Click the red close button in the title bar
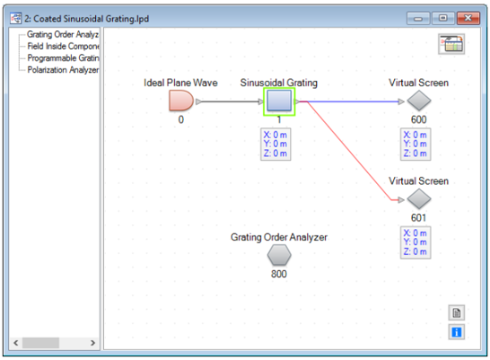tap(468, 18)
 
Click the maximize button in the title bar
tap(442, 18)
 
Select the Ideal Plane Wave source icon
tap(180, 101)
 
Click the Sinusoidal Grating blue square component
tap(279, 101)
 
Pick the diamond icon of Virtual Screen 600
tap(419, 101)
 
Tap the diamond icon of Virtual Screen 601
tap(419, 199)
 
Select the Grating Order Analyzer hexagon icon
tap(279, 255)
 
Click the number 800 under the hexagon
tap(279, 274)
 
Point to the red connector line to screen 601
tap(349, 151)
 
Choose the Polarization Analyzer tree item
tap(63, 70)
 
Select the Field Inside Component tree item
tap(63, 47)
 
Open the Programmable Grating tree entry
tap(63, 58)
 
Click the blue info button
tap(457, 332)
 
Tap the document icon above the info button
tap(457, 312)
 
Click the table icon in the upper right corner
tap(451, 44)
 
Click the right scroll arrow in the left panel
tap(92, 343)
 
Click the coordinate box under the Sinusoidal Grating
tap(276, 144)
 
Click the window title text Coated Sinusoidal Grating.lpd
tap(91, 19)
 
